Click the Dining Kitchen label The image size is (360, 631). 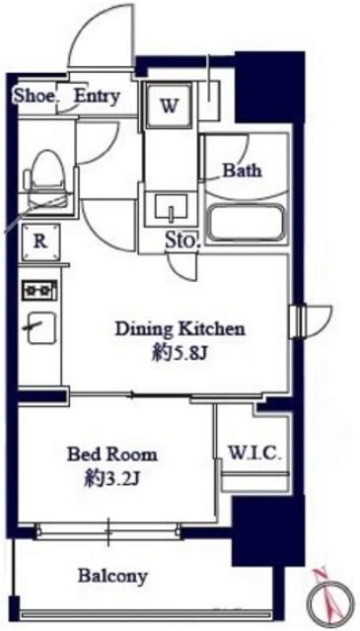pyautogui.click(x=180, y=329)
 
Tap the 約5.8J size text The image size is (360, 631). pyautogui.click(x=180, y=355)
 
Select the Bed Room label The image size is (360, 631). pyautogui.click(x=112, y=455)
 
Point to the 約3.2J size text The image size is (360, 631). pyautogui.click(x=111, y=480)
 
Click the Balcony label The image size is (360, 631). pyautogui.click(x=112, y=576)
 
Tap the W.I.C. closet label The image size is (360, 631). pyautogui.click(x=254, y=454)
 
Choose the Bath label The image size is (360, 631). pyautogui.click(x=242, y=171)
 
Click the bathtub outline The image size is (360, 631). pyautogui.click(x=246, y=224)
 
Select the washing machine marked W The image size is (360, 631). pyautogui.click(x=169, y=105)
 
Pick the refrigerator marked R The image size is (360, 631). pyautogui.click(x=40, y=242)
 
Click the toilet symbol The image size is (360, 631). pyautogui.click(x=46, y=178)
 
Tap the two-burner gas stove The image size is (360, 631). pyautogui.click(x=39, y=291)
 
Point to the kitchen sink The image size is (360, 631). pyautogui.click(x=41, y=328)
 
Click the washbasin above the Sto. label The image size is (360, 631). pyautogui.click(x=171, y=207)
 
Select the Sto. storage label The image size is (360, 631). pyautogui.click(x=181, y=242)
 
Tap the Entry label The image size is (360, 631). pyautogui.click(x=97, y=97)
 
